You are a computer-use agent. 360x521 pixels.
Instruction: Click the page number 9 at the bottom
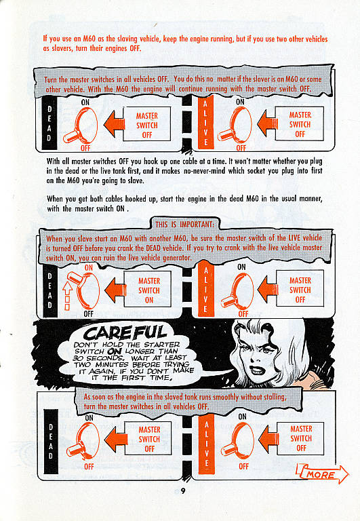point(182,490)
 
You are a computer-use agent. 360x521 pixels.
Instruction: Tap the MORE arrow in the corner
point(322,474)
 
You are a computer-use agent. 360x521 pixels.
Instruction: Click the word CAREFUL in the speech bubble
point(125,332)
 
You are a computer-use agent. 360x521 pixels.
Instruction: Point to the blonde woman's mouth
point(256,370)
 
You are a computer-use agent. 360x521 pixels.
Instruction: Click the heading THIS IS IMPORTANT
point(184,225)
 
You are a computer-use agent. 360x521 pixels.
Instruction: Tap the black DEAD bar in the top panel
point(49,123)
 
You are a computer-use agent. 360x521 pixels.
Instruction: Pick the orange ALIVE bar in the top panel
point(206,123)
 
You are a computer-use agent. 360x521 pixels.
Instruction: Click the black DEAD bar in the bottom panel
point(51,441)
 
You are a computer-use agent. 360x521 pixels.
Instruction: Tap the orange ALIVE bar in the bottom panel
point(207,444)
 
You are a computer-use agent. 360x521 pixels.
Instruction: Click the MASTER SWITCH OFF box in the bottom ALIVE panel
point(301,439)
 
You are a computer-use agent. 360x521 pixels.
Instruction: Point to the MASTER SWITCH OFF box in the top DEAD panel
point(147,124)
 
